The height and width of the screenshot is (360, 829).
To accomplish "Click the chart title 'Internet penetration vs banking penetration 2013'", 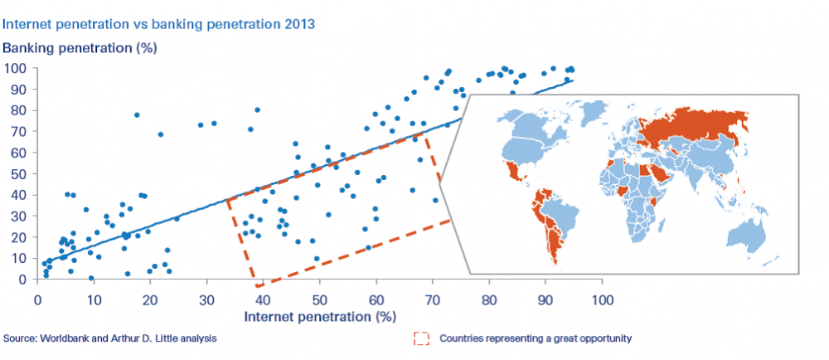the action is (160, 24).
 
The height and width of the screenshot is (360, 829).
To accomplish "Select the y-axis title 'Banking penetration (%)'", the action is (80, 47).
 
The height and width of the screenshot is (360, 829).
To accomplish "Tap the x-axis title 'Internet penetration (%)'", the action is (320, 317).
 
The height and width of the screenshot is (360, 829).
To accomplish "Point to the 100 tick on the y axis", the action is (17, 68).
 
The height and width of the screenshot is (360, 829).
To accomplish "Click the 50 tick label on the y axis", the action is (20, 174).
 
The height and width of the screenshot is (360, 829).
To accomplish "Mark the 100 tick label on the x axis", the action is (601, 300).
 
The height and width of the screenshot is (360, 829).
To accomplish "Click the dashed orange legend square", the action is (421, 338).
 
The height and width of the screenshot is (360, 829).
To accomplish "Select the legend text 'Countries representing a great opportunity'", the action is (536, 338).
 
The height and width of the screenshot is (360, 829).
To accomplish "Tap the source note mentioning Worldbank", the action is (110, 338).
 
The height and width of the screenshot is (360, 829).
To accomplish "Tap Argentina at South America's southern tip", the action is (553, 244).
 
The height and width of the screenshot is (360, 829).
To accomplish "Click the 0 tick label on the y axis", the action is (24, 280).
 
